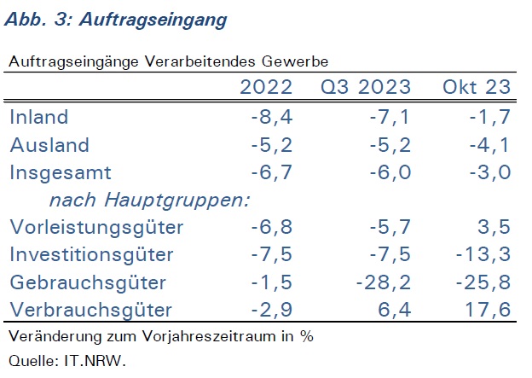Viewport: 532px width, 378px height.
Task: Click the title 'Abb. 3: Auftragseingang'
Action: click(x=116, y=20)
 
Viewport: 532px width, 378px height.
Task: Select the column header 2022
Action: click(x=266, y=87)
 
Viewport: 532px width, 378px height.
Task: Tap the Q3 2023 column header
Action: click(x=366, y=88)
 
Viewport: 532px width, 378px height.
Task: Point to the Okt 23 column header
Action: click(x=477, y=87)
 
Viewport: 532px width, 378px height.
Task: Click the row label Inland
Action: click(x=39, y=117)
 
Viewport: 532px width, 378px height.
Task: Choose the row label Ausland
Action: click(x=49, y=145)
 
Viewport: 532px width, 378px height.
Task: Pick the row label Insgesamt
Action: click(x=61, y=173)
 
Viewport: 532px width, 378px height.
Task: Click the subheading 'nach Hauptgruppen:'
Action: click(x=150, y=200)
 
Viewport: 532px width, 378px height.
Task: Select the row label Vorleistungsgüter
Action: click(x=96, y=227)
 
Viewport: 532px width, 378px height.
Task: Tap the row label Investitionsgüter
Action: click(x=91, y=254)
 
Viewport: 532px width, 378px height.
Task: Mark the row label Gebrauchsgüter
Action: click(x=88, y=282)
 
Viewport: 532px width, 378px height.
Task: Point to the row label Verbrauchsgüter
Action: click(x=91, y=310)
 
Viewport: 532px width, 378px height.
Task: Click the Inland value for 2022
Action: click(x=272, y=117)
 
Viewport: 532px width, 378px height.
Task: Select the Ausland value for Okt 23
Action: click(x=490, y=145)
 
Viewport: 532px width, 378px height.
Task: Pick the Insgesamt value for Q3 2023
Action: click(x=390, y=172)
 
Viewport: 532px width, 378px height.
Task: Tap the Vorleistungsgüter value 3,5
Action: click(x=494, y=227)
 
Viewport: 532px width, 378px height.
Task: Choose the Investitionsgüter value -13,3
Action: click(x=483, y=255)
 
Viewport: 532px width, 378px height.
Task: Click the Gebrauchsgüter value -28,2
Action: click(x=384, y=282)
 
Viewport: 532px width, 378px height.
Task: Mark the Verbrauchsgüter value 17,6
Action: click(x=488, y=310)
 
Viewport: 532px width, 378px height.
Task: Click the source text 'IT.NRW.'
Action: click(x=95, y=361)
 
